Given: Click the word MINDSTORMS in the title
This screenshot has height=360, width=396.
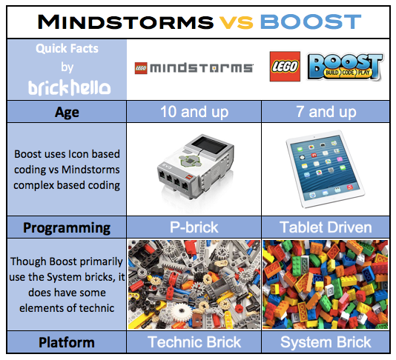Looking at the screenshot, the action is pos(125,22).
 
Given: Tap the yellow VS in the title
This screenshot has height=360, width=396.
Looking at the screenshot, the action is pos(236,22).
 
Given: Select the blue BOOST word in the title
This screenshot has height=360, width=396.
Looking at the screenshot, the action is pos(311,22).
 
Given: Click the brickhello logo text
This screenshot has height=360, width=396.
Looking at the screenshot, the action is pos(69,87).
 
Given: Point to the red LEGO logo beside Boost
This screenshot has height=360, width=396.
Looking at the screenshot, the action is pos(285,67).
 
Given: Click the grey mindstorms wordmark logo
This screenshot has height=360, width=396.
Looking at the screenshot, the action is pos(194,68).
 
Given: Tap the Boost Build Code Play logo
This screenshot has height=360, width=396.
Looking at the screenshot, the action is pos(346,67).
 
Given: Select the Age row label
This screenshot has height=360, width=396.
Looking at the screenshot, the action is pos(67,112).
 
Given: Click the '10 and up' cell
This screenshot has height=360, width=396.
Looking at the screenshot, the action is pos(194,112).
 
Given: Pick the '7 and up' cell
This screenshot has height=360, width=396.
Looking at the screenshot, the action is pos(326,112).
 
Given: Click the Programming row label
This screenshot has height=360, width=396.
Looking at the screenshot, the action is pos(67,228).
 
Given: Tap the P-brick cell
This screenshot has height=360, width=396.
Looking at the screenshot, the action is pos(194,227).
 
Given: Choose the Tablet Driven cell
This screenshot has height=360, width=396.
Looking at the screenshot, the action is pos(326,227).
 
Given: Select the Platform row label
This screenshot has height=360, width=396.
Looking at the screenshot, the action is pos(67,343).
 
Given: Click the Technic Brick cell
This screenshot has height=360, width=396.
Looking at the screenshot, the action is pos(194,342).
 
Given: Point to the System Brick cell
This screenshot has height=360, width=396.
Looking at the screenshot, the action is pos(326,342).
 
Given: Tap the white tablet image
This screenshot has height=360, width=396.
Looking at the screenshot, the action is pos(326,169).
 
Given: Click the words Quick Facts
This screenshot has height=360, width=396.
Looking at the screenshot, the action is pos(67,48).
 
